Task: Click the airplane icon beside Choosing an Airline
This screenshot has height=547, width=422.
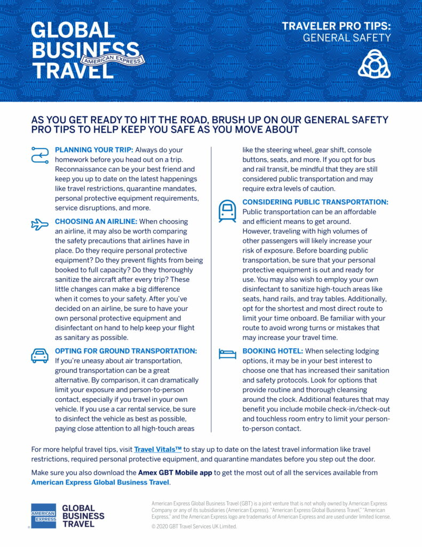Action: [39, 224]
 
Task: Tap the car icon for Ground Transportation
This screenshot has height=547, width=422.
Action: [39, 355]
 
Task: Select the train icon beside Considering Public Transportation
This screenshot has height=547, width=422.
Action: [227, 211]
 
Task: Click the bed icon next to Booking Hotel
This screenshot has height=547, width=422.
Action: [227, 354]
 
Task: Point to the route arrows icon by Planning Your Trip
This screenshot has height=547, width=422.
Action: [40, 154]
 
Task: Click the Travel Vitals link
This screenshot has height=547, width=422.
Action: [157, 450]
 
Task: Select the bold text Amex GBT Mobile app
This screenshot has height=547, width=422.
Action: [175, 473]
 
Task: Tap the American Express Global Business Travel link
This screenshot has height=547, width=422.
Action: [100, 482]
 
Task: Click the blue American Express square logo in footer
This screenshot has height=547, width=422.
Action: [43, 516]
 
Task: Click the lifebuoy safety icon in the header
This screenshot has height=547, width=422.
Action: [374, 65]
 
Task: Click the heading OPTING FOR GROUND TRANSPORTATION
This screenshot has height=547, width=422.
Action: [126, 351]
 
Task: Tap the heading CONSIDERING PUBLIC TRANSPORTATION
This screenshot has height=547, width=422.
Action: [315, 202]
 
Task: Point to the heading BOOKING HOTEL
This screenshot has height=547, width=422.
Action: [273, 351]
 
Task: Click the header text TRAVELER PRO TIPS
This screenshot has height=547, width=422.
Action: [336, 26]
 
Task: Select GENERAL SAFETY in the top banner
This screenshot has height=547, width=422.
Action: [347, 38]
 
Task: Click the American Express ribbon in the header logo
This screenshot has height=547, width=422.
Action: [111, 59]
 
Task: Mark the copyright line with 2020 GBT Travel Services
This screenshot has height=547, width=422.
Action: [194, 527]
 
